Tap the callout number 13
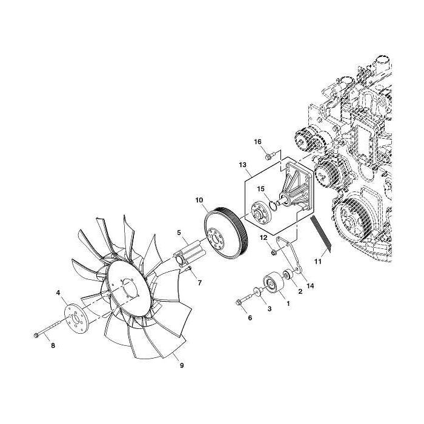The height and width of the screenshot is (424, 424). pos(242,164)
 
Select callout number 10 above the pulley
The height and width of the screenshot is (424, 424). pos(199,199)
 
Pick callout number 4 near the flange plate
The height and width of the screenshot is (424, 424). pos(58,293)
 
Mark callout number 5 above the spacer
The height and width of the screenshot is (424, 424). pos(179,232)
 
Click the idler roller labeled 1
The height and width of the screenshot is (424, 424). pos(271,284)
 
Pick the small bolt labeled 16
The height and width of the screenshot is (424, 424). pos(271,154)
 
